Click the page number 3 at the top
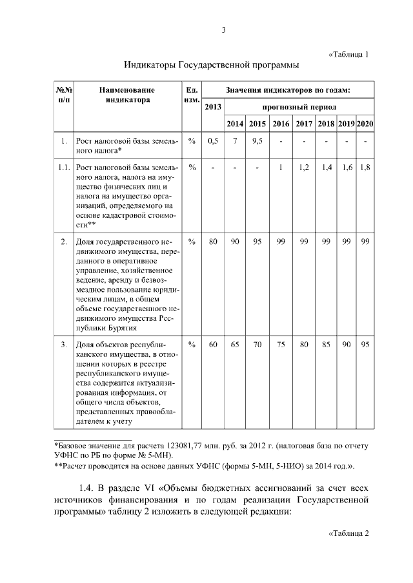tap(223, 30)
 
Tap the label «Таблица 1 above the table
tap(348, 54)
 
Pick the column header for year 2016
tap(281, 123)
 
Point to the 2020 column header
tap(366, 123)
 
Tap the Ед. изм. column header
tap(191, 95)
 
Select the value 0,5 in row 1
tap(213, 140)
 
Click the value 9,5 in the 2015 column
tap(257, 140)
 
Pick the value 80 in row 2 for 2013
tap(213, 242)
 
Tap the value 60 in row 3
tap(213, 345)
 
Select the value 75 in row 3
tap(281, 345)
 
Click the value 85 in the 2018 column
tap(326, 345)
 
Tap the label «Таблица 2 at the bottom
tap(348, 533)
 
